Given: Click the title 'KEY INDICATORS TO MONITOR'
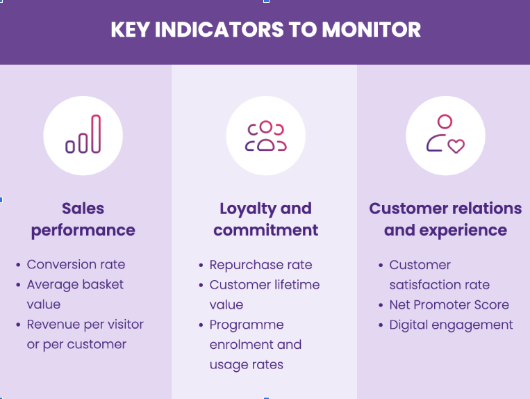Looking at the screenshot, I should pos(265,31).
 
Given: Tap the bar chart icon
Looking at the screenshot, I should pos(83,135).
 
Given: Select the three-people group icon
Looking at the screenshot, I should pos(265,136).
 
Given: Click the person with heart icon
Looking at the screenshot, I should pos(445,135).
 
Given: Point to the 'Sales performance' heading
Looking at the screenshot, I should pos(83,219).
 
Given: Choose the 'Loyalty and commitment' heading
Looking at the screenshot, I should pos(265,219).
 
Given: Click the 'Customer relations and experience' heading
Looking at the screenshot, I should pos(445,219).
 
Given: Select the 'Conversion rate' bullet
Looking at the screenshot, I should pos(76,264).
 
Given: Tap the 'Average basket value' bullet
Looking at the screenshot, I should pos(75,294).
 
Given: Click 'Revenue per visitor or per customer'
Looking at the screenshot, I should pos(85,334).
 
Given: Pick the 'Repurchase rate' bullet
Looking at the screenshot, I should pos(260,265).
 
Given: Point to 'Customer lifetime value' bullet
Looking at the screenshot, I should pos(264,295).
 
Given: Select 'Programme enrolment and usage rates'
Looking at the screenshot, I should pos(256,345).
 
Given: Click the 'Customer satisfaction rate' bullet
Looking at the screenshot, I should pos(439,275).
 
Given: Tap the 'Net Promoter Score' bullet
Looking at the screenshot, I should pos(449,304).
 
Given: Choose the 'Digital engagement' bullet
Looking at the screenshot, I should pos(451,325).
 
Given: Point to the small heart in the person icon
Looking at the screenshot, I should pos(456,146).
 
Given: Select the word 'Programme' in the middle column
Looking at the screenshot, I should pos(247,325).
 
